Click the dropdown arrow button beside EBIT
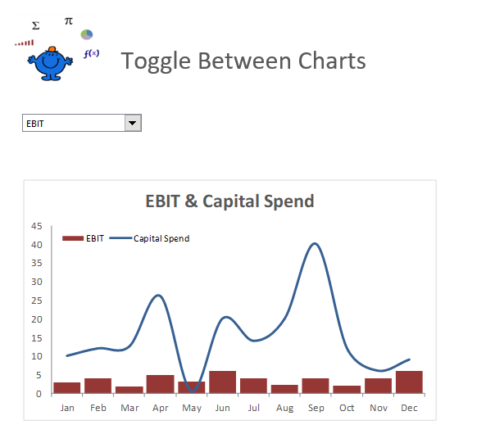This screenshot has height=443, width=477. [x=133, y=123]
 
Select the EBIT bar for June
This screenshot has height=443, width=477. [x=222, y=382]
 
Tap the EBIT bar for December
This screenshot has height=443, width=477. [x=409, y=382]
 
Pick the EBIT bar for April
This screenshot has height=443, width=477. [x=160, y=384]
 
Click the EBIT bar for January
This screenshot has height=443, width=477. [x=67, y=388]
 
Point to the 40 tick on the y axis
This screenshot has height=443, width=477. [x=37, y=245]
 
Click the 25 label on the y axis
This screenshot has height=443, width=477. [x=37, y=301]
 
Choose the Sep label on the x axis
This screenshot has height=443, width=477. [x=316, y=407]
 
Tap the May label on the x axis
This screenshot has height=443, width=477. [x=191, y=407]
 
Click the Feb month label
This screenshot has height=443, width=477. [x=98, y=407]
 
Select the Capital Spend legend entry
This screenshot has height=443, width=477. [x=161, y=238]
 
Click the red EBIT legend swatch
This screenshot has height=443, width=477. [x=73, y=238]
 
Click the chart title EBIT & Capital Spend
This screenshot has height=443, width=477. [x=229, y=201]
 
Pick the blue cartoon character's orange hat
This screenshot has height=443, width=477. [x=52, y=51]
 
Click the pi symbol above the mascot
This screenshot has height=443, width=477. [x=68, y=20]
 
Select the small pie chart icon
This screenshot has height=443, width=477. [x=87, y=34]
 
